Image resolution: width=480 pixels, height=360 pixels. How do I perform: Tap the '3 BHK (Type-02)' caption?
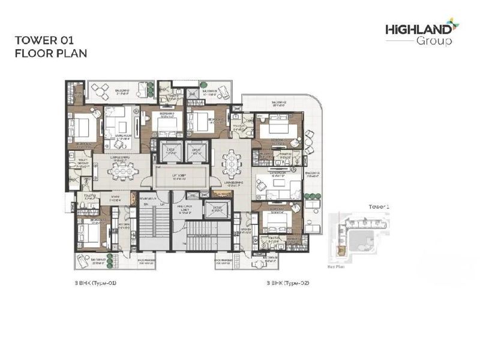tap(287, 281)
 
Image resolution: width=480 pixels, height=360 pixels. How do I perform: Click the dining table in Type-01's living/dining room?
tap(120, 172)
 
